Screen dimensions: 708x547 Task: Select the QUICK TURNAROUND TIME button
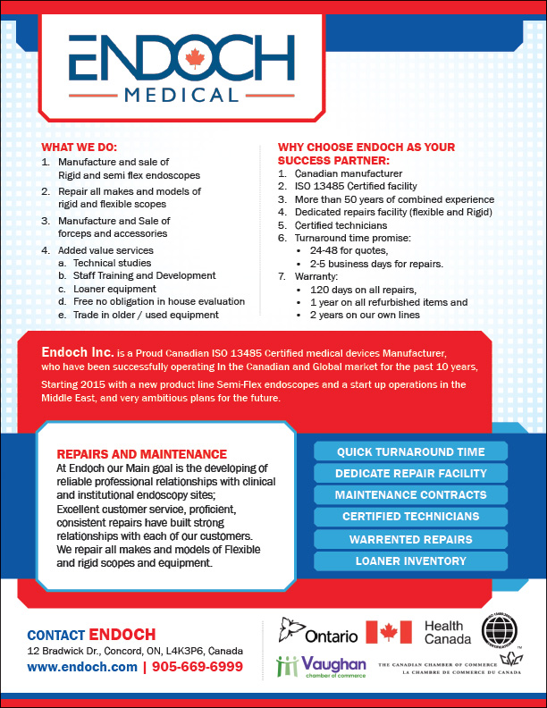pyautogui.click(x=410, y=451)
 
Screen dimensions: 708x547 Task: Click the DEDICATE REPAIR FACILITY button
pyautogui.click(x=410, y=473)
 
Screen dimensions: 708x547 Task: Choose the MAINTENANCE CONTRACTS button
pyautogui.click(x=410, y=494)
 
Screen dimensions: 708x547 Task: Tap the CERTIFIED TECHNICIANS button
pyautogui.click(x=410, y=517)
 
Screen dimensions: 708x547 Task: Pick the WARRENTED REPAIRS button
pyautogui.click(x=410, y=539)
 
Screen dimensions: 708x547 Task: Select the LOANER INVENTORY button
pyautogui.click(x=410, y=560)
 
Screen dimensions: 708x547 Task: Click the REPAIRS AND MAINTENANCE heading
pyautogui.click(x=141, y=454)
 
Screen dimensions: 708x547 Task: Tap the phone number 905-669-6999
pyautogui.click(x=198, y=667)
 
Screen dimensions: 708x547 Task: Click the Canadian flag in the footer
pyautogui.click(x=389, y=632)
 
